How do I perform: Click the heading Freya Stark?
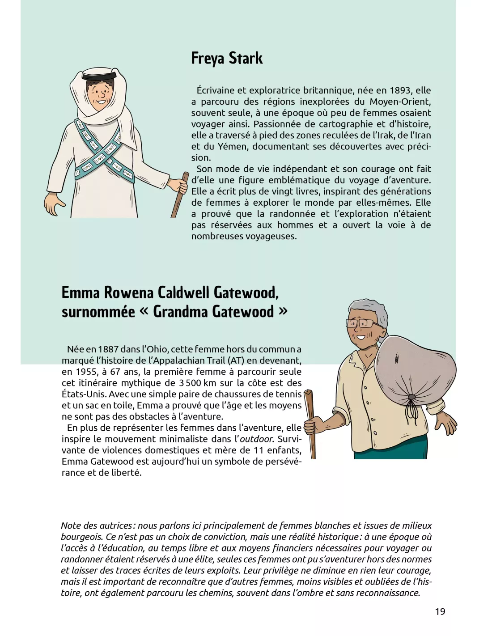(227, 59)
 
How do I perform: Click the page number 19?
(440, 611)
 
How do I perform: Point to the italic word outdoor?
(256, 439)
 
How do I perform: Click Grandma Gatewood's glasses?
(360, 323)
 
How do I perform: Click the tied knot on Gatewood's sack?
(412, 397)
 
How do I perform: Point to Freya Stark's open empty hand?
(55, 205)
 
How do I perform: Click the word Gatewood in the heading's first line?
(246, 293)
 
